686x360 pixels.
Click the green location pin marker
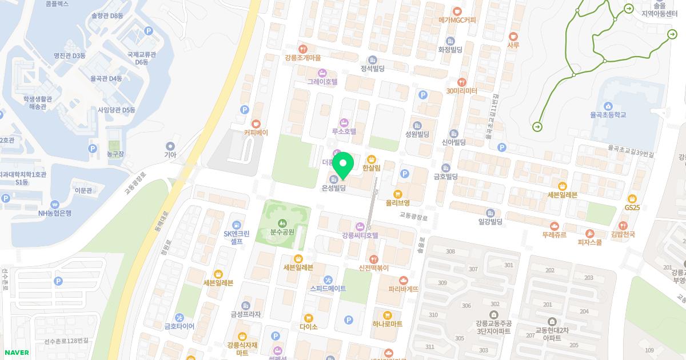coord(342,166)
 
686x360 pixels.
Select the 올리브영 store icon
coord(397,193)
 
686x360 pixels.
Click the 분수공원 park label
coord(281,232)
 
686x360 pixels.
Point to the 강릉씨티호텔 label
coord(360,235)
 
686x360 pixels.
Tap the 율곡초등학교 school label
coord(608,115)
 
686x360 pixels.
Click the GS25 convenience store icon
coord(632,198)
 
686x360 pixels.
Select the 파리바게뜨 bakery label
coord(403,289)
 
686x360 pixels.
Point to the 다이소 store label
coord(308,327)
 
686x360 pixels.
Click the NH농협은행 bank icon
coord(54,204)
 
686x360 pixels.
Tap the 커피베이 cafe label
coord(256,132)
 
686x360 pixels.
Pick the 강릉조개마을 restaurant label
coord(302,58)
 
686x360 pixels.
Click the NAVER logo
coord(17,352)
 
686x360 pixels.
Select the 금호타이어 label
coord(179,326)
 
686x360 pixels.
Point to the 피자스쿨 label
coord(590,242)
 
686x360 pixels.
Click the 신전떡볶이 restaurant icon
coord(373,259)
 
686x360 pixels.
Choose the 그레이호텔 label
coord(322,82)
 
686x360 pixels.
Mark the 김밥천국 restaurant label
coord(623,234)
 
